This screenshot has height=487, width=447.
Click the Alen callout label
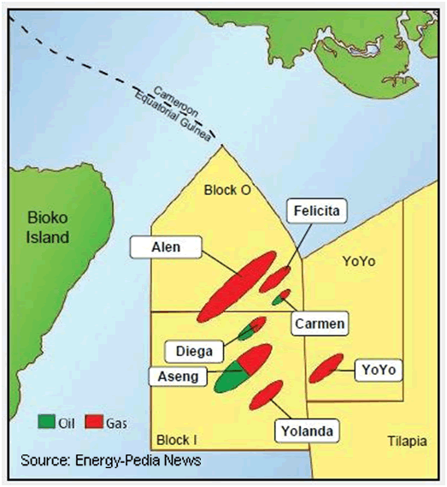[x=166, y=248]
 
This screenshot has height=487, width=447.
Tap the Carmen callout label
[x=320, y=324]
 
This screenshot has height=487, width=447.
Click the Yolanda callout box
[x=305, y=430]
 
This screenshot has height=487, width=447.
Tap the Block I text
[x=177, y=440]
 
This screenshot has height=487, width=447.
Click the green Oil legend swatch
[x=44, y=421]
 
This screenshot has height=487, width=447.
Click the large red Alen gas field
[x=236, y=287]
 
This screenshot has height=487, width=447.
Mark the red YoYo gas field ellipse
[x=326, y=367]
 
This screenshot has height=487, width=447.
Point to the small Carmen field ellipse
[x=281, y=297]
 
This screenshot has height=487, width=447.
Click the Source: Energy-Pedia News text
[x=111, y=460]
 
